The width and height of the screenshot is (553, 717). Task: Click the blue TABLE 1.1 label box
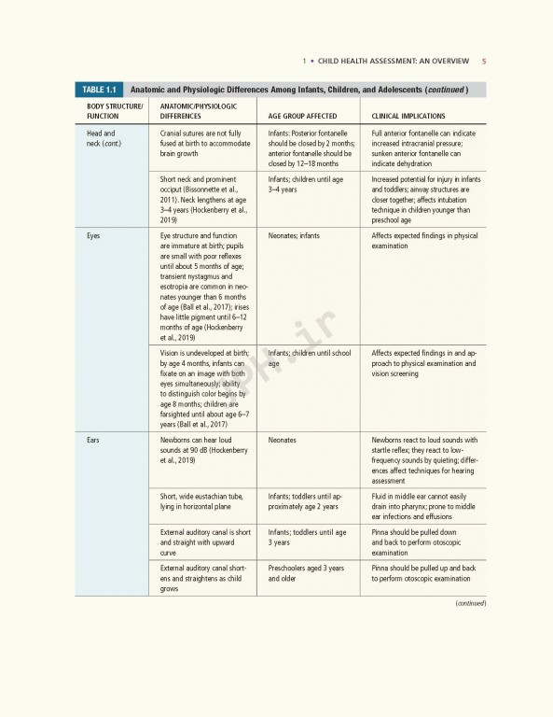point(99,90)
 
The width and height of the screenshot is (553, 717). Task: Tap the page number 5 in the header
point(484,62)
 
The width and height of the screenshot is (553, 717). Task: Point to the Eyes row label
point(93,236)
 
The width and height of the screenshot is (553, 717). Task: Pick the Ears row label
point(93,439)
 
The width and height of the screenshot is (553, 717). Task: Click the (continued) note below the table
point(470,603)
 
